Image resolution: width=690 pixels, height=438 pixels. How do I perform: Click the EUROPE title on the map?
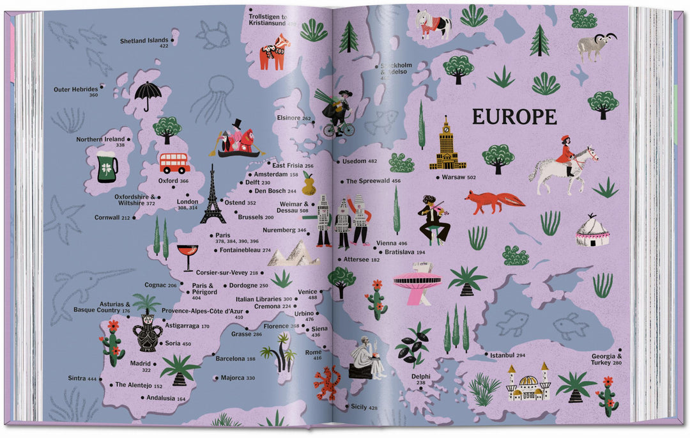click(514, 117)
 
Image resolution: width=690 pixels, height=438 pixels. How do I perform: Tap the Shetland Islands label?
click(144, 42)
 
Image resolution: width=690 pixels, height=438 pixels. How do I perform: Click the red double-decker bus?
click(174, 163)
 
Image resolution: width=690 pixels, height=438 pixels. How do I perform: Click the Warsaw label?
click(459, 177)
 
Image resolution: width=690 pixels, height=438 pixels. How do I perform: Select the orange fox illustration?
click(494, 201)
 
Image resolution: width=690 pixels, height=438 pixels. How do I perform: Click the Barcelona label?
click(235, 359)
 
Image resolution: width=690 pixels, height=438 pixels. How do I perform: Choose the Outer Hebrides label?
click(76, 90)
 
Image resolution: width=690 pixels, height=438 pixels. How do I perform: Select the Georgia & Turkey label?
click(606, 359)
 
